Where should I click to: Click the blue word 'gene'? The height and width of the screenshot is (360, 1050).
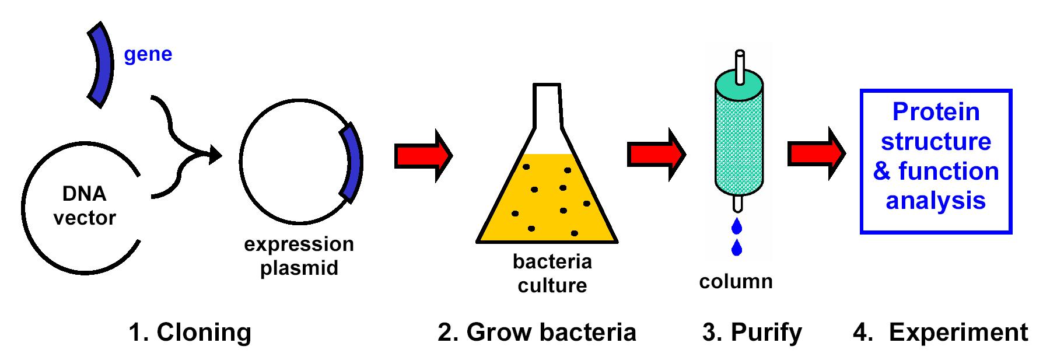148,54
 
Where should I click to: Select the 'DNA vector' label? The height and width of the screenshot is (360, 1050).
85,205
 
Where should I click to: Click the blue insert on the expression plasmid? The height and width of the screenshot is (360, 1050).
352,163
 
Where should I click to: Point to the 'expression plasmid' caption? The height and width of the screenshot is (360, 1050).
299,256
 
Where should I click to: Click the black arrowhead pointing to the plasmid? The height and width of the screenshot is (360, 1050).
215,155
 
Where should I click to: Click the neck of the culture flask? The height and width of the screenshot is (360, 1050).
547,105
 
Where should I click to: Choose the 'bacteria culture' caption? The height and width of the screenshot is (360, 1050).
552,273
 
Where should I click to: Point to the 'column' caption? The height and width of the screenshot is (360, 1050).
736,281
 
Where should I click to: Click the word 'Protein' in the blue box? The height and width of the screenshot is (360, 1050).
936,112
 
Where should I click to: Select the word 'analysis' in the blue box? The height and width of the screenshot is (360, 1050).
936,200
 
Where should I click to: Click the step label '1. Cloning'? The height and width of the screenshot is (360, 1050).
190,332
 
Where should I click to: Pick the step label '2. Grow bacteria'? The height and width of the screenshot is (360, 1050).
537,332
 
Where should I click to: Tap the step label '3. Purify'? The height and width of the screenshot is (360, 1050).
752,332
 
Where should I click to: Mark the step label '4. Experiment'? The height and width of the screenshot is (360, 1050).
940,332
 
